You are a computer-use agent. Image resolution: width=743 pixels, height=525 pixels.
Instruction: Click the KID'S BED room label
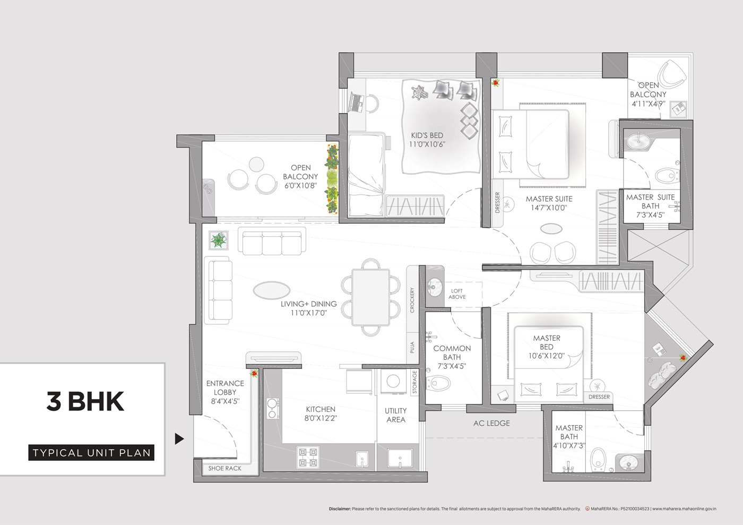427,140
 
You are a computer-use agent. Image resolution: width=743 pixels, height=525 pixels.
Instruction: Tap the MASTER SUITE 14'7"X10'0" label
549,203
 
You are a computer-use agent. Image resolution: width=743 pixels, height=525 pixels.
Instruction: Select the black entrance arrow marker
179,439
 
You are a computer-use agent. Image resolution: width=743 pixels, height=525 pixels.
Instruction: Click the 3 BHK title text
85,401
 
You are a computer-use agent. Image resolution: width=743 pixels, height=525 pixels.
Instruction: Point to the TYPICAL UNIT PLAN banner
91,453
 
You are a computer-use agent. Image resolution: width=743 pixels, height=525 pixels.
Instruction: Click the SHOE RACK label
224,468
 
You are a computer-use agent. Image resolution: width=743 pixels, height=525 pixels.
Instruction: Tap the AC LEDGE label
491,423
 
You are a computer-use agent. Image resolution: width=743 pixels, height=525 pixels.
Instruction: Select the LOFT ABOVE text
457,294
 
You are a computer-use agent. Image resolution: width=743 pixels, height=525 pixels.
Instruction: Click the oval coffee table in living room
271,290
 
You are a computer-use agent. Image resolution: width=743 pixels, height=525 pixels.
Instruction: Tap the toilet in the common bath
438,382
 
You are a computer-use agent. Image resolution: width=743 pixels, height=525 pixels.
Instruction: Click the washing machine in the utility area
393,381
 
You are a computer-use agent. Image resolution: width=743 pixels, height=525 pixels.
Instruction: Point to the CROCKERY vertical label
412,300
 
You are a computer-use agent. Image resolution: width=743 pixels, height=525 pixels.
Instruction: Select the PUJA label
412,348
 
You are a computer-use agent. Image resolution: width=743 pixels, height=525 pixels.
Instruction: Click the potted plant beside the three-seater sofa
218,241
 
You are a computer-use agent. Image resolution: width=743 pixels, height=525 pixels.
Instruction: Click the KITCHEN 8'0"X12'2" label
321,414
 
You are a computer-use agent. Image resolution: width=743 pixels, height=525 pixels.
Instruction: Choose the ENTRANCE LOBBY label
225,392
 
